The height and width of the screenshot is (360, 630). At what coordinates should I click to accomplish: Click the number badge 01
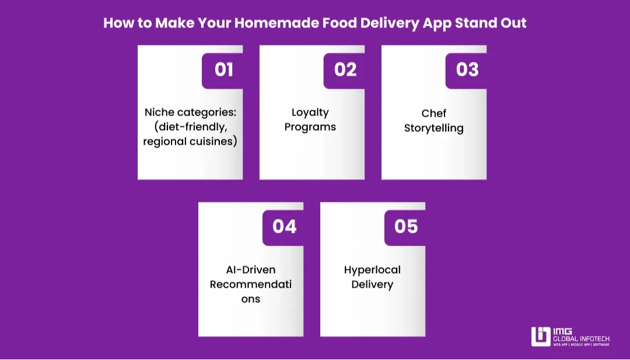point(223,70)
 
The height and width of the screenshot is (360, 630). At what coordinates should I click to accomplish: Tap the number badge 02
point(345,70)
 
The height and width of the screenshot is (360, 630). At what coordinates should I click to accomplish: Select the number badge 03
point(467,70)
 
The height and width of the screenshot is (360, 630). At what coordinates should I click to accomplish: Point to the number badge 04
point(284,226)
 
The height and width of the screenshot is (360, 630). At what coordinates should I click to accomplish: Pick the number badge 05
point(406,226)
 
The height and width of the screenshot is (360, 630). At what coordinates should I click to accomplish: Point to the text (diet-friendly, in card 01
point(190,127)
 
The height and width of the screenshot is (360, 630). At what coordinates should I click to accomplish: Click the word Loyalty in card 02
point(310,112)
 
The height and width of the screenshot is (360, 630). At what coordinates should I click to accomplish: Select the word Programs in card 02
point(310,127)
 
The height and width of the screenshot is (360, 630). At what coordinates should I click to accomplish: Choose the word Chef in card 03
point(433,113)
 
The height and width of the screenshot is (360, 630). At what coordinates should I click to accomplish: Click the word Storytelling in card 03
point(433,128)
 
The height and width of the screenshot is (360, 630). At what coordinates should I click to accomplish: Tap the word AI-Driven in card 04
point(251,270)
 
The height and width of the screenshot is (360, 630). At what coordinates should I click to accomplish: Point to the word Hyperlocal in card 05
point(372,270)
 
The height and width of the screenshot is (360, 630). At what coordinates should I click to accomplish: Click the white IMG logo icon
point(541,337)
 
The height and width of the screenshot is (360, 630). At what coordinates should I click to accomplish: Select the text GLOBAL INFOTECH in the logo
point(581,338)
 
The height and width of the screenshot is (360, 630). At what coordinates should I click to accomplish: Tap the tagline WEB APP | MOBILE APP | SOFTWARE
point(581,345)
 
